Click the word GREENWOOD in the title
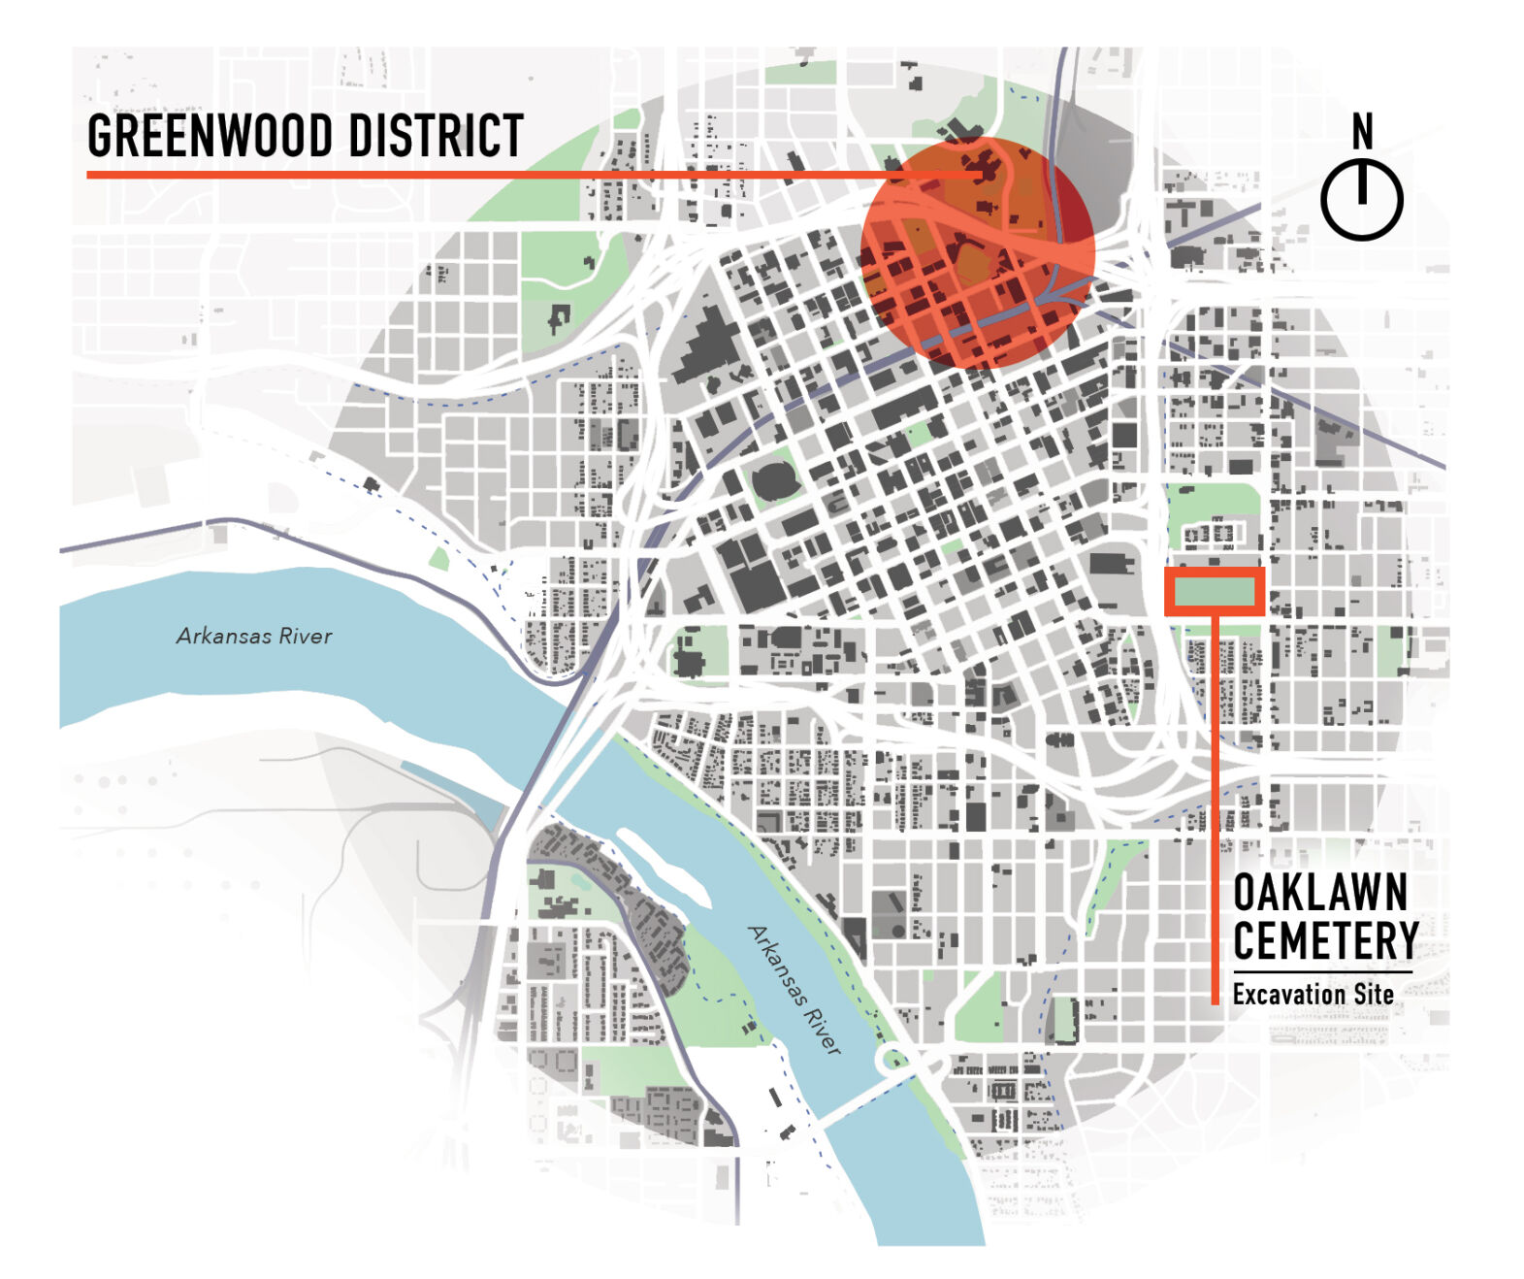click(209, 136)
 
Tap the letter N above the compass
click(1362, 131)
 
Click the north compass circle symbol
click(1361, 200)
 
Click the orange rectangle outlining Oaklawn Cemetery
click(1215, 592)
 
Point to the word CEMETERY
click(1325, 940)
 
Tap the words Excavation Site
click(1313, 995)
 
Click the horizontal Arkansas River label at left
click(254, 636)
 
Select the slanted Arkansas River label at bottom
click(794, 990)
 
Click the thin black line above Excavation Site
click(1322, 971)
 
